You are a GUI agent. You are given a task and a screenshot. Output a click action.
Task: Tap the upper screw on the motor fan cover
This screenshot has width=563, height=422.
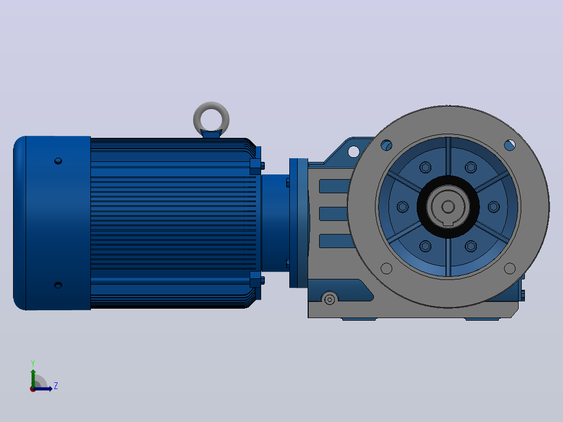[58, 161]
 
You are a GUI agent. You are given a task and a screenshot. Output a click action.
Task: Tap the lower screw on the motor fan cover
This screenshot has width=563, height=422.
[58, 285]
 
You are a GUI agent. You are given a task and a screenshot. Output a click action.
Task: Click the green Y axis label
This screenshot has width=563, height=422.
[33, 364]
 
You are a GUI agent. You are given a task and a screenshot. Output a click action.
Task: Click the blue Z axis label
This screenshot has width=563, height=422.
[56, 386]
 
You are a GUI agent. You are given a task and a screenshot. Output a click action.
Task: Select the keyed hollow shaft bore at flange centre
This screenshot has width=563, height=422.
[448, 207]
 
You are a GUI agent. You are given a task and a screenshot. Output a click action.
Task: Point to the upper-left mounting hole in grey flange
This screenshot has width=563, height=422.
[386, 145]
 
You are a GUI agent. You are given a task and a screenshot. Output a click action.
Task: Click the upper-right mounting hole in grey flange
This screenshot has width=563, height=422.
[510, 145]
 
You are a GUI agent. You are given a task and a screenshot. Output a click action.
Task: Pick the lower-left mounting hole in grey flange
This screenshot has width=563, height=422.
[386, 268]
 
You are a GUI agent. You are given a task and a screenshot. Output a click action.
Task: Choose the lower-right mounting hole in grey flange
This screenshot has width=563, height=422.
[510, 268]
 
